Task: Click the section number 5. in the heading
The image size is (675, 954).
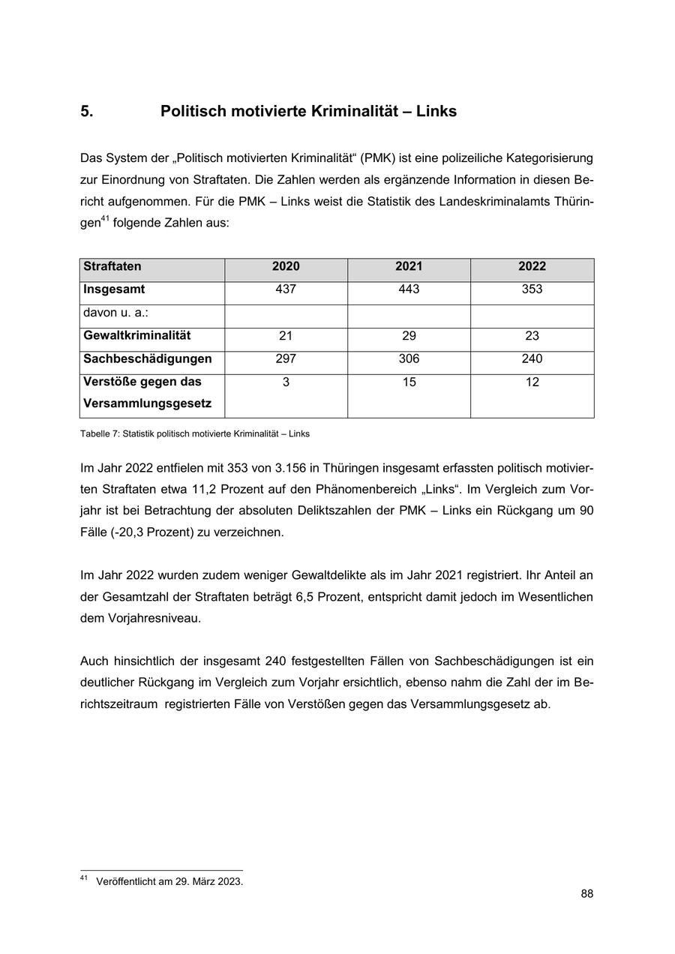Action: (x=87, y=112)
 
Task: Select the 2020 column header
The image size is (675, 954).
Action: (x=286, y=266)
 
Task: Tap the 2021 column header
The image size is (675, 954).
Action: (x=409, y=266)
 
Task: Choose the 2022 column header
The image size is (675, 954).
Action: (x=532, y=266)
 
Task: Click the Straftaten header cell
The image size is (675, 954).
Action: (x=112, y=266)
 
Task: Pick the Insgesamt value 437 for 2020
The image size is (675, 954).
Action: (x=286, y=289)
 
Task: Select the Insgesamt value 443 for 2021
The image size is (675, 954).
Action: (x=409, y=289)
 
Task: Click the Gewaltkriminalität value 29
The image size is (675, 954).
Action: (x=409, y=336)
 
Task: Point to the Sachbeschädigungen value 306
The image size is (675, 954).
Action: (x=409, y=359)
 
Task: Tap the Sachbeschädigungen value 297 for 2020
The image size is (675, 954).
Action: (x=286, y=359)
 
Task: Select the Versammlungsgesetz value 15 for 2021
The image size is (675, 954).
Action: (x=409, y=382)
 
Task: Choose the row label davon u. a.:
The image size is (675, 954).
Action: (x=116, y=313)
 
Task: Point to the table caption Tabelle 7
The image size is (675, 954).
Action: (x=194, y=433)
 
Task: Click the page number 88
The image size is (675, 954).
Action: (x=586, y=894)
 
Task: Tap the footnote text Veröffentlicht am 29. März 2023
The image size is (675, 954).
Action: (x=169, y=882)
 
